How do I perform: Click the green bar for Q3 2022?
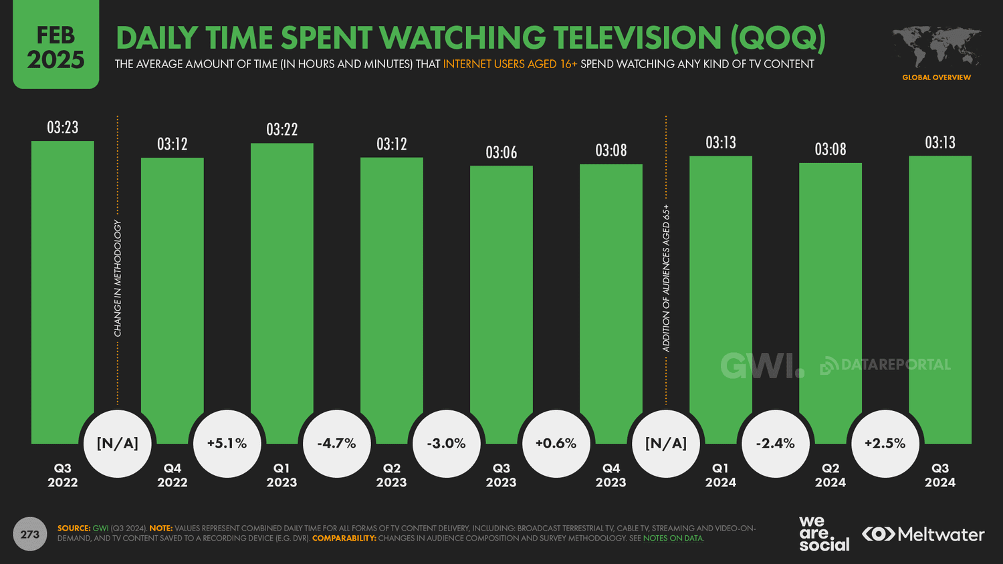pos(62,281)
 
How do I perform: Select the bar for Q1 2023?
pos(282,281)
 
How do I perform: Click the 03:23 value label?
pos(62,128)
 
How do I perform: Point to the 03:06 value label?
pos(501,153)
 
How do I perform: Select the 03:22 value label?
pos(282,130)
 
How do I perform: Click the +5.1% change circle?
pos(227,444)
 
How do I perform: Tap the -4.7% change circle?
pos(336,444)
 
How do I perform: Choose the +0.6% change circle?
pos(556,444)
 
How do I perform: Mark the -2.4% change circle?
pos(776,444)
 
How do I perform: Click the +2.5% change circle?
pos(885,444)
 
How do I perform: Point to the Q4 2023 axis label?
pos(610,475)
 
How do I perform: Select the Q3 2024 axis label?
pos(939,475)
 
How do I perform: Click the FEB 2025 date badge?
pos(55,47)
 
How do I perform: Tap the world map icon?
pos(936,47)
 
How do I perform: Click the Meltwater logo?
pos(923,535)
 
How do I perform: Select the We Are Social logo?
pos(823,534)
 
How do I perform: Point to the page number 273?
pos(30,534)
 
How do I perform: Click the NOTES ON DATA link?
pos(673,539)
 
